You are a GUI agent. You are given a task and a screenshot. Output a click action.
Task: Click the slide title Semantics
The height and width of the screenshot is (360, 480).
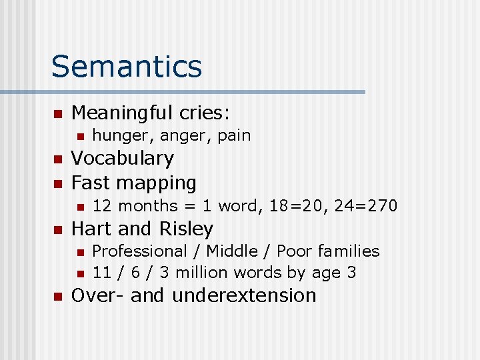coord(126,67)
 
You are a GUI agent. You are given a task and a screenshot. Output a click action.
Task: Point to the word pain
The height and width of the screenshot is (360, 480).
coord(234,135)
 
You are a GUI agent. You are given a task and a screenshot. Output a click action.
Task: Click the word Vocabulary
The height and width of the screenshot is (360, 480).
coord(122,159)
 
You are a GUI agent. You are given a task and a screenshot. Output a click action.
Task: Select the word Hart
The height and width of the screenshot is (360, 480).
coord(92,229)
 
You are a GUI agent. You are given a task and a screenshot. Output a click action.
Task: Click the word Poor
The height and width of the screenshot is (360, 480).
coord(294,251)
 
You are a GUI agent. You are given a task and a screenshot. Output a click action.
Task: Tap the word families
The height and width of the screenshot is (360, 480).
coord(349,251)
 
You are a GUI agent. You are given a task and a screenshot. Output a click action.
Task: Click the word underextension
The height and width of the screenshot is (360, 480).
coord(244,295)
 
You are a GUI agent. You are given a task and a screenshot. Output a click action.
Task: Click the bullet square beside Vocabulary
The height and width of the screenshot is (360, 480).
coord(57,159)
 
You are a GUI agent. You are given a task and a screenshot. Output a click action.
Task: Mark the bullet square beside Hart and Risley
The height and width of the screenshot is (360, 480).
coord(57,229)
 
